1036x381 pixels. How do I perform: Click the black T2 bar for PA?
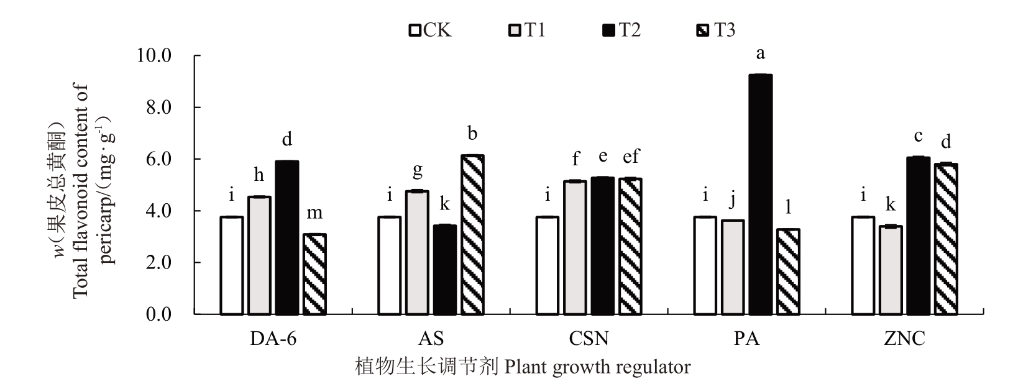(760, 195)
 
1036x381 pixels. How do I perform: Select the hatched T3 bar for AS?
(472, 235)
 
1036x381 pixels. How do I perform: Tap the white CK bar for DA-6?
(232, 265)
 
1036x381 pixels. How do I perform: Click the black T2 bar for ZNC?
(918, 236)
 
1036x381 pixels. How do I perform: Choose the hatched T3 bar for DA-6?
(314, 274)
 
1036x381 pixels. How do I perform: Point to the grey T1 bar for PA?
(733, 267)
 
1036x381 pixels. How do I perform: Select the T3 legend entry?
(715, 30)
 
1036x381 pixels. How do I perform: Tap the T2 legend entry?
(621, 30)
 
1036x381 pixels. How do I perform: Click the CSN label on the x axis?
(589, 339)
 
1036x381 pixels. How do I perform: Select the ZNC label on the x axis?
(904, 339)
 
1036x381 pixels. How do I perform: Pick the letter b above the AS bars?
(472, 134)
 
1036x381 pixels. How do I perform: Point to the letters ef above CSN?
(631, 157)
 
